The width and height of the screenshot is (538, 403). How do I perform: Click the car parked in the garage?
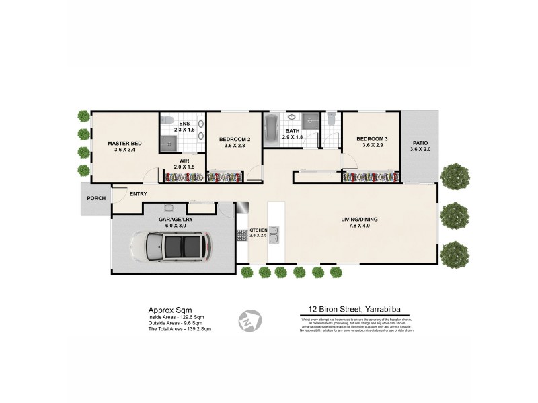[174, 247]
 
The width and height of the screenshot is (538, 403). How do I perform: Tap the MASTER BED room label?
[125, 143]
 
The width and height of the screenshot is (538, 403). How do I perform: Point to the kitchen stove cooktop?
[241, 235]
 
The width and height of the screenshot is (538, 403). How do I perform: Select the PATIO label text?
[420, 142]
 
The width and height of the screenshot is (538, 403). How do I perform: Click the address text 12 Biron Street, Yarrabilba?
[356, 310]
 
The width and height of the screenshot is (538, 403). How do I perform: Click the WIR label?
[184, 161]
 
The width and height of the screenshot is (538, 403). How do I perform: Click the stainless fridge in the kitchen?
[242, 209]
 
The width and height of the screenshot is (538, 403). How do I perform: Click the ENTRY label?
[139, 195]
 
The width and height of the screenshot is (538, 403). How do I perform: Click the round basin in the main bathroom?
[292, 117]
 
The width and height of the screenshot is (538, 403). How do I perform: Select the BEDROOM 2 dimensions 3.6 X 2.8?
[235, 146]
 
